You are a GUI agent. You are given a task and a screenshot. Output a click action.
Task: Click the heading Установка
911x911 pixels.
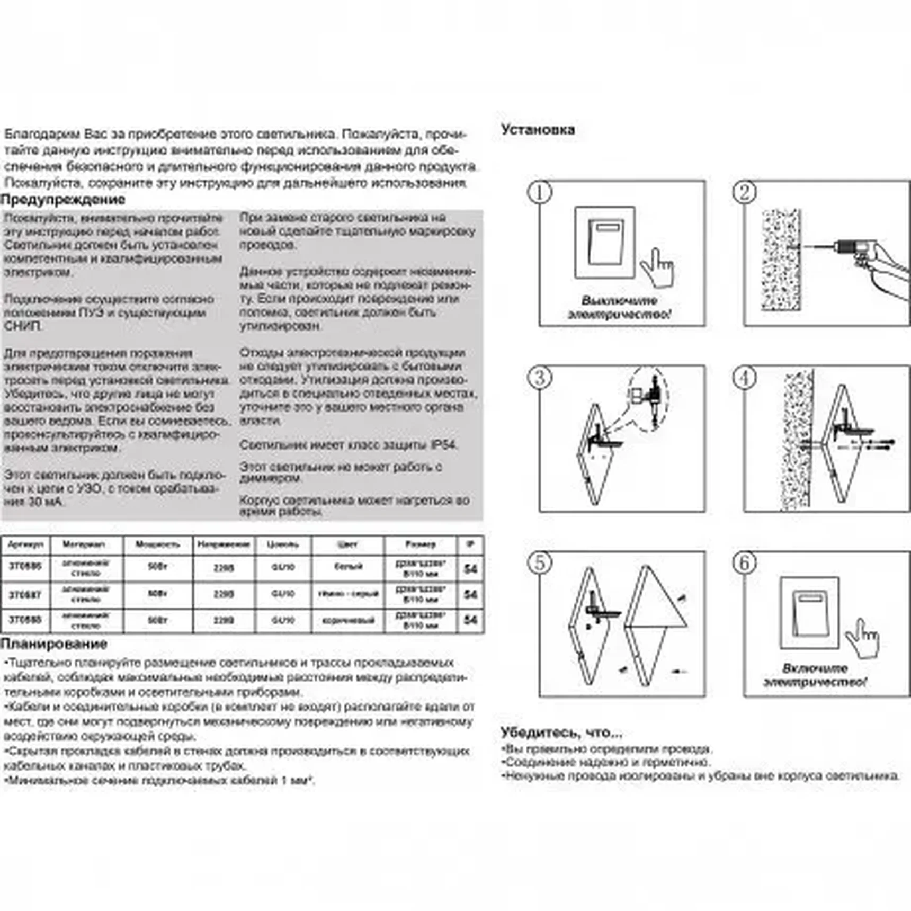[538, 130]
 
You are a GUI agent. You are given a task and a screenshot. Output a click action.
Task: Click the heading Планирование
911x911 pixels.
[53, 644]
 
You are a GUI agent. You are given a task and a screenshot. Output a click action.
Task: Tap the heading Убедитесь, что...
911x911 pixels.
[561, 733]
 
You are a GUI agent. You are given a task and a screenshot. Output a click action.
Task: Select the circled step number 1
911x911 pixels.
[540, 192]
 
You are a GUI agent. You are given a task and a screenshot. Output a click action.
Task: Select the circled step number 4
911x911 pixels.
[744, 378]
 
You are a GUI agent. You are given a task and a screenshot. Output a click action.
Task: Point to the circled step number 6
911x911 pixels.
[744, 562]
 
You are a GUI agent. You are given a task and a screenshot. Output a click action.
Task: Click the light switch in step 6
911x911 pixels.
[809, 612]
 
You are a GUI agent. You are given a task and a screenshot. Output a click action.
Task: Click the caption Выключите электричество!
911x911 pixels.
[619, 308]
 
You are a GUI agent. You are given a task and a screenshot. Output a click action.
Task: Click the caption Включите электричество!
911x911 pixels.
[815, 675]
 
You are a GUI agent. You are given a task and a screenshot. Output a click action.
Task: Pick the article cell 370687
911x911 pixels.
[25, 594]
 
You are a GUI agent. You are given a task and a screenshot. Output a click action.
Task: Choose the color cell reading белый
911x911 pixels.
[348, 567]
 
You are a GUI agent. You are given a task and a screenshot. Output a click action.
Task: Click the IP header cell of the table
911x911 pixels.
[470, 544]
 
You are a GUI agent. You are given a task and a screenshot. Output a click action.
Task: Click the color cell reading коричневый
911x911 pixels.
[348, 620]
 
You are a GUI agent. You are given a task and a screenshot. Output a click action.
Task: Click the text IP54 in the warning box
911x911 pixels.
[443, 444]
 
